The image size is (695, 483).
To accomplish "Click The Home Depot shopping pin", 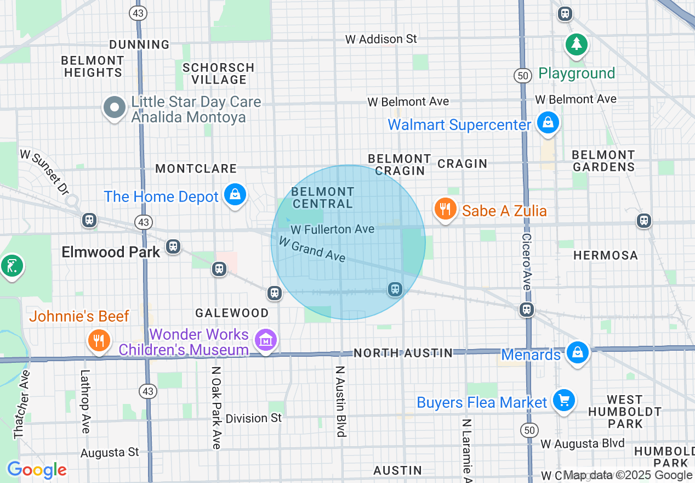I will click(x=235, y=195).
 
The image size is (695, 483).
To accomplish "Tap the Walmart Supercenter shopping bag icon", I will click(x=548, y=123).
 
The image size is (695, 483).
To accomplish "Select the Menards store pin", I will click(x=577, y=353).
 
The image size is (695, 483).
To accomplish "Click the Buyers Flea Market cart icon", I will click(x=563, y=401).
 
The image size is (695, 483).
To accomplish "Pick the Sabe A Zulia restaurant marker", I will click(x=446, y=210).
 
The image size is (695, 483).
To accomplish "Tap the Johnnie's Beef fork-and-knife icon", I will click(x=99, y=340).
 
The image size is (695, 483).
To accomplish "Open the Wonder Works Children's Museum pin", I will click(x=266, y=341).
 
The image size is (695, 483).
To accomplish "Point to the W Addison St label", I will click(x=381, y=39).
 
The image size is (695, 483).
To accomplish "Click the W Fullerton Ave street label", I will click(x=332, y=229).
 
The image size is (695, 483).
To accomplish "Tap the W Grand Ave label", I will click(x=311, y=249).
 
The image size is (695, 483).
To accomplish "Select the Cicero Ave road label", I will click(x=527, y=262).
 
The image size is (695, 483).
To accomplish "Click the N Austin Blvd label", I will click(x=341, y=401).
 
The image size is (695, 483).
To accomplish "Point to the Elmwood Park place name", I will click(x=111, y=252).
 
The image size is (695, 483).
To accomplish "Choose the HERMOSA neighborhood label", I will click(x=605, y=256).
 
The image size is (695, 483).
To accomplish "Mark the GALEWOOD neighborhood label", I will click(x=232, y=313).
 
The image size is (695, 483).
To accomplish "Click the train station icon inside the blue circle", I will click(x=394, y=289).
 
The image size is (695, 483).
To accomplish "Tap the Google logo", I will click(x=37, y=470).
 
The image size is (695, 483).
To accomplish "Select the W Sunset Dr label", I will click(x=44, y=172).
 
